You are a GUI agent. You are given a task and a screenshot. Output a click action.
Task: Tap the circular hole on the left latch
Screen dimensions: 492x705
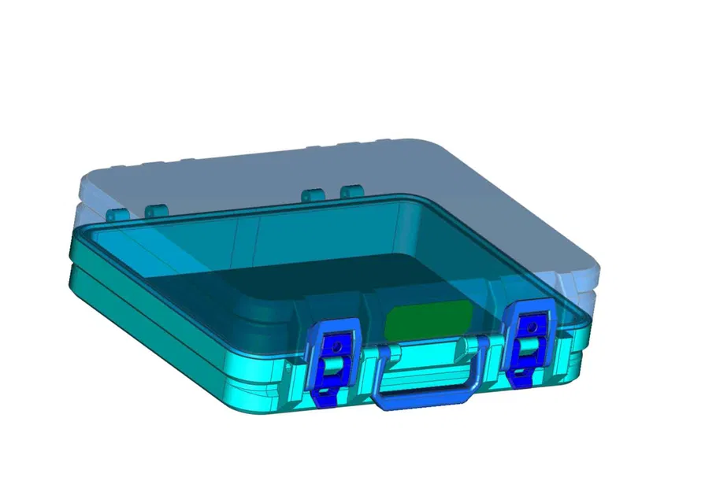tap(337, 344)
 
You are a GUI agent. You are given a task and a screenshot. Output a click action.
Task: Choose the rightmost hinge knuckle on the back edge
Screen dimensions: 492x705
tap(351, 191)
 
